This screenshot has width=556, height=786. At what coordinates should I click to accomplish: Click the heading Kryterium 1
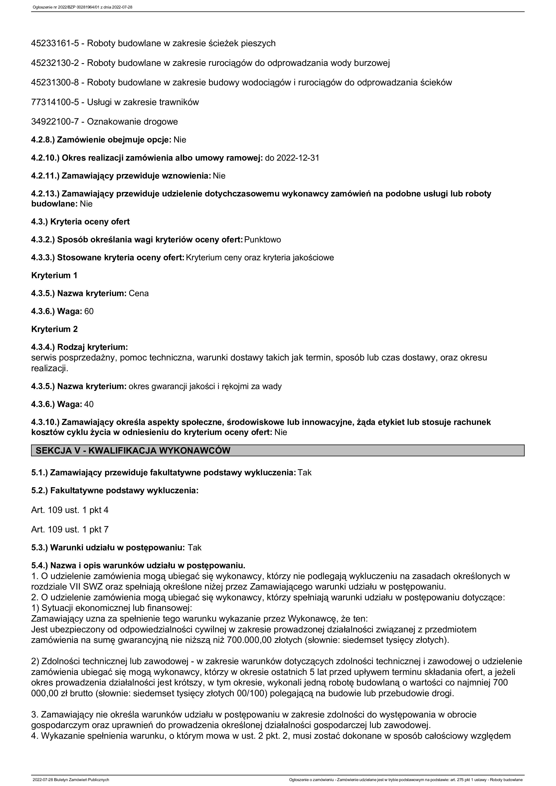pyautogui.click(x=54, y=276)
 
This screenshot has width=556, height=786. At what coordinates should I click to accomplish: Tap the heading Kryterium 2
pyautogui.click(x=54, y=329)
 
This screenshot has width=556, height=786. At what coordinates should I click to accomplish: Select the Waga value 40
pyautogui.click(x=89, y=404)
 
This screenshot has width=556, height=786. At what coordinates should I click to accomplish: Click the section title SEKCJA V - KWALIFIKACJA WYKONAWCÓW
pyautogui.click(x=133, y=450)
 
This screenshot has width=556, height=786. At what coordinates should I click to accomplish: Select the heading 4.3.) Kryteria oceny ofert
pyautogui.click(x=80, y=222)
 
